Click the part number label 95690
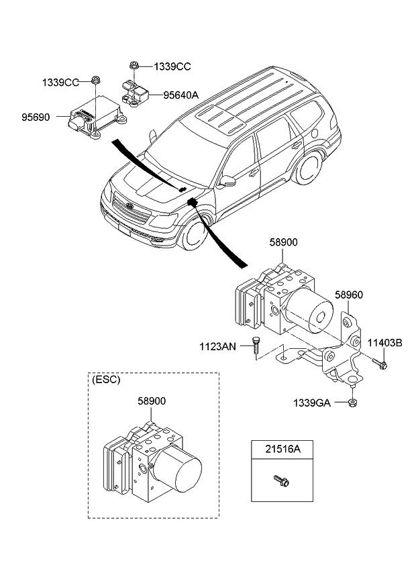tap(35, 117)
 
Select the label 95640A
tap(181, 95)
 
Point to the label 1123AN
tap(217, 346)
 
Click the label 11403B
tap(384, 343)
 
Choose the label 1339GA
tap(311, 403)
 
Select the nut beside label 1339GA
tap(352, 403)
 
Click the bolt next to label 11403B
tap(380, 365)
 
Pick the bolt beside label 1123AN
tap(256, 349)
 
